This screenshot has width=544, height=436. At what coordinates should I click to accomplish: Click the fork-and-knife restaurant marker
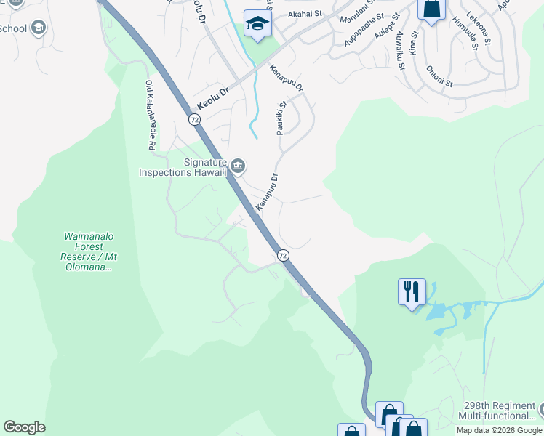coord(412,292)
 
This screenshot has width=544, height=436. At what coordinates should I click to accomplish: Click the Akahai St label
coord(304,14)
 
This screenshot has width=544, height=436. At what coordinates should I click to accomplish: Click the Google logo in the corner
coord(24,427)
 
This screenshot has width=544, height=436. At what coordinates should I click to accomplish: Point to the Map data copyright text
coord(499,430)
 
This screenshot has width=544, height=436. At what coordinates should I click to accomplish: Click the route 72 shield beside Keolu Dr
coord(194,119)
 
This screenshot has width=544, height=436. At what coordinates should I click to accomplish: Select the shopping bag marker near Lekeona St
coord(431,9)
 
